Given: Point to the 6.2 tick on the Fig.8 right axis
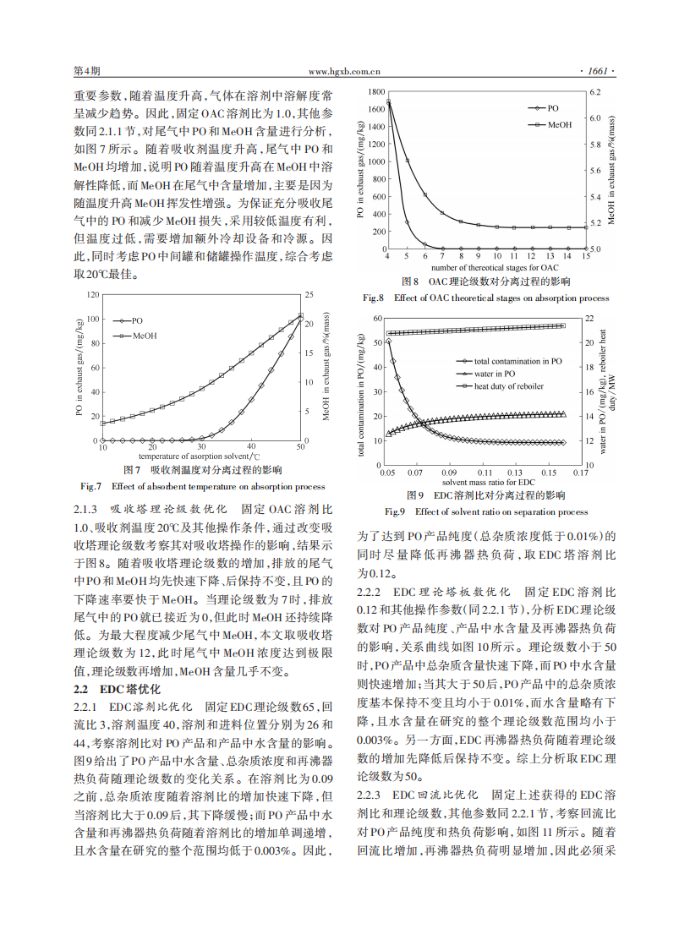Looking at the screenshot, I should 594,90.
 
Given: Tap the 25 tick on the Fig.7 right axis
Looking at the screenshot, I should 309,295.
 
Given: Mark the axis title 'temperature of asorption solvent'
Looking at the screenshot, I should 193,456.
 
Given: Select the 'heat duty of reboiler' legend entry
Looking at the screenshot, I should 508,385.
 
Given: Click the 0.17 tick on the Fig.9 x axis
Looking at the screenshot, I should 581,473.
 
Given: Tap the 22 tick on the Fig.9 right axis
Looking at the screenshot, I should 589,317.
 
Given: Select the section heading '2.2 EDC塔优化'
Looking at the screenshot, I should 109,689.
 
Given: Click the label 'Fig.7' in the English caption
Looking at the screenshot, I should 90,486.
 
